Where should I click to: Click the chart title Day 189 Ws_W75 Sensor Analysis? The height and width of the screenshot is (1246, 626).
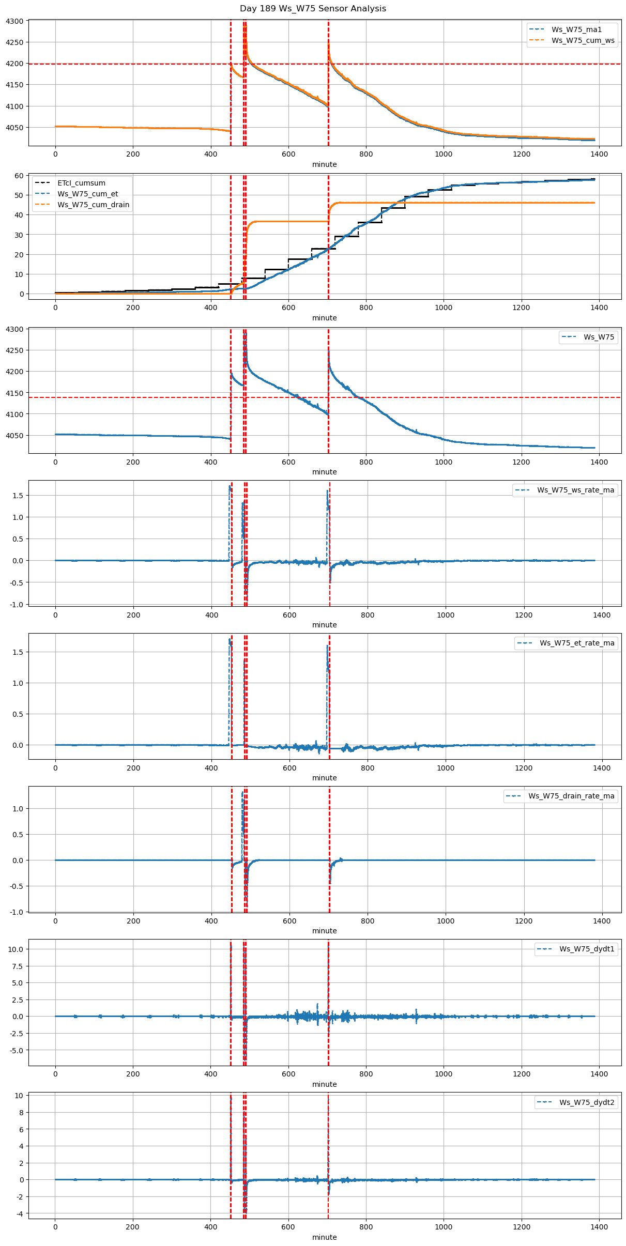point(313,9)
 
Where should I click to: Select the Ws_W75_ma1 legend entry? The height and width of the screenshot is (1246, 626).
point(576,29)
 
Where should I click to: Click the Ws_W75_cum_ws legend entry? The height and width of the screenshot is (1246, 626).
point(583,40)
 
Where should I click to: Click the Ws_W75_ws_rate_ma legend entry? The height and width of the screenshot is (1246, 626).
point(575,490)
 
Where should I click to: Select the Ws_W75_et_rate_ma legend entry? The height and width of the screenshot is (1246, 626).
point(577,643)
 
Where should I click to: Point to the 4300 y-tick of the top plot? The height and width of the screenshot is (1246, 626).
point(14,21)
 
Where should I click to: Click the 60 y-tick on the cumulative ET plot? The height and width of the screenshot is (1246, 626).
point(19,176)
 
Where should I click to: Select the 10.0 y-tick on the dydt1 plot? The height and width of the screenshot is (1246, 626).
point(16,949)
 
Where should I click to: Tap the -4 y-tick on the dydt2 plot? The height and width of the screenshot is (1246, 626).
point(19,1213)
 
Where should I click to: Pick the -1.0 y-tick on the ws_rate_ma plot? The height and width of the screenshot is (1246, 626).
point(17,604)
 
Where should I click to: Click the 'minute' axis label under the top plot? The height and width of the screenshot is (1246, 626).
point(324,164)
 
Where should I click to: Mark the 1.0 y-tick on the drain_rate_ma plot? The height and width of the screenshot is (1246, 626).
point(18,809)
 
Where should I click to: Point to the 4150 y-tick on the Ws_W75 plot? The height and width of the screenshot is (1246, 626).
point(14,393)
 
